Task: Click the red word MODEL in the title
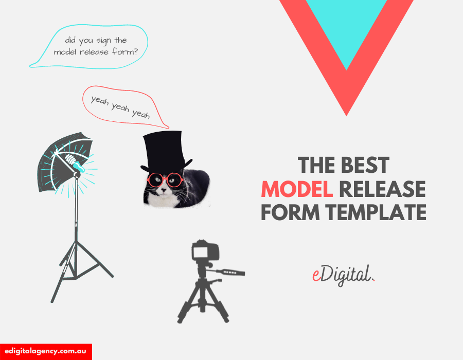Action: tap(297, 189)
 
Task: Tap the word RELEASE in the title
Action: tap(382, 189)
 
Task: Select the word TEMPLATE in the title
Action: tap(376, 212)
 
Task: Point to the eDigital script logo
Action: tap(344, 275)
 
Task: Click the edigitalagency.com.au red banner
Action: tap(46, 352)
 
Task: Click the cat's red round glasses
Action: tap(165, 179)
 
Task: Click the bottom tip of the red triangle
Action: tap(346, 116)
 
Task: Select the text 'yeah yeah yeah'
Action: tap(120, 107)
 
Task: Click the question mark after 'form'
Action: tap(135, 51)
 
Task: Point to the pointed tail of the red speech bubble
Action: tap(168, 128)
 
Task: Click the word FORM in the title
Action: tap(290, 212)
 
